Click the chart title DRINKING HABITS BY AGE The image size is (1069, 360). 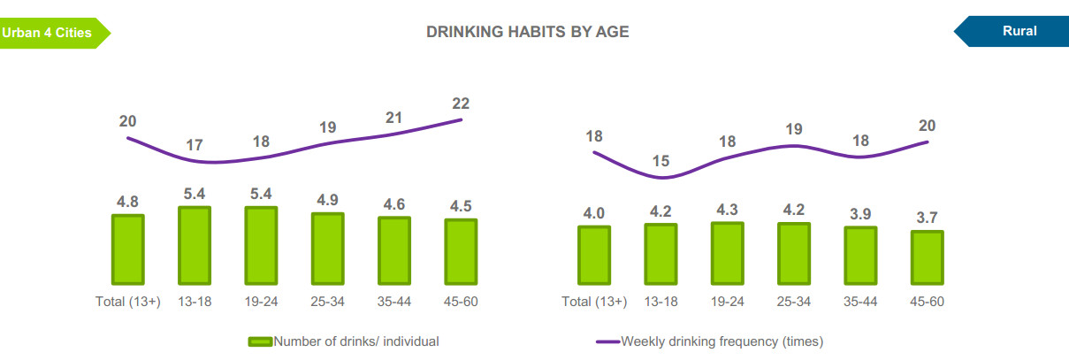[527, 32]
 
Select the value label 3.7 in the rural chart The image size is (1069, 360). [927, 216]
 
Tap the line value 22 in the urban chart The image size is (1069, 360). [460, 103]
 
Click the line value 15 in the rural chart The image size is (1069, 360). [660, 161]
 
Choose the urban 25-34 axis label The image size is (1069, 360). [327, 302]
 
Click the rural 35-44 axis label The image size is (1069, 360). [860, 302]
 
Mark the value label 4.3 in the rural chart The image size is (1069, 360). [727, 209]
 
